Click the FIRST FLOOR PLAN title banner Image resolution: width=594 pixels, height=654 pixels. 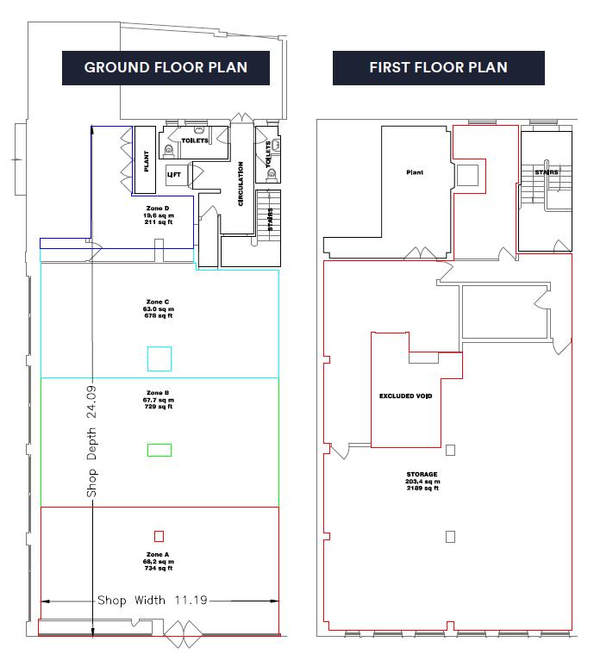(438, 68)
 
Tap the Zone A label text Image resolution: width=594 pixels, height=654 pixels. (159, 553)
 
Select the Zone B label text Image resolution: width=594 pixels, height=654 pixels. (159, 393)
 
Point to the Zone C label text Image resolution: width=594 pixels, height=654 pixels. (159, 302)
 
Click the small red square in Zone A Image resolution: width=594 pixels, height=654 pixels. (159, 535)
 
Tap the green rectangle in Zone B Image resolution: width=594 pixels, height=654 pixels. (159, 449)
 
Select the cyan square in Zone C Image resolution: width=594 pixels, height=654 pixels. (159, 358)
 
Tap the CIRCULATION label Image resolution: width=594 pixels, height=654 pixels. (241, 184)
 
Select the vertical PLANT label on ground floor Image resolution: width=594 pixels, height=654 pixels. (147, 163)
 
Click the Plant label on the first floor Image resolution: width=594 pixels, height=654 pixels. (415, 172)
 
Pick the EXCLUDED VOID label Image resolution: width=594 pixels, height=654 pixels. (405, 396)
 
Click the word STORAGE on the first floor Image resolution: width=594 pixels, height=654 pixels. (422, 474)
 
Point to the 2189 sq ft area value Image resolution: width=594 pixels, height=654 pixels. (422, 489)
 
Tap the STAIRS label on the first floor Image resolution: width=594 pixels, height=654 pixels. (546, 172)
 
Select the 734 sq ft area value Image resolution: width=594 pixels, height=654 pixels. (159, 568)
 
